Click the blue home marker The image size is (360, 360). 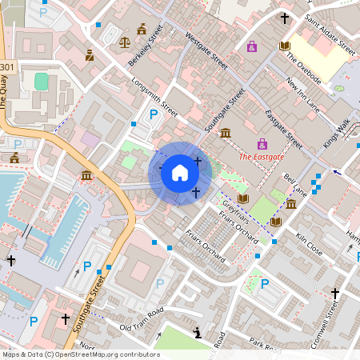pyautogui.click(x=180, y=173)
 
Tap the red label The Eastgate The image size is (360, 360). pyautogui.click(x=261, y=157)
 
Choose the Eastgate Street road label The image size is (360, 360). pyautogui.click(x=283, y=129)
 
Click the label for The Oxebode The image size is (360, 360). pyautogui.click(x=303, y=69)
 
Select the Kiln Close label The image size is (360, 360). pyautogui.click(x=309, y=244)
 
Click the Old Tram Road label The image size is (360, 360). pyautogui.click(x=141, y=318)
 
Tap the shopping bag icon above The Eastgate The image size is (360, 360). pyautogui.click(x=252, y=46)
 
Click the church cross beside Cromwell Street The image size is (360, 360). pyautogui.click(x=334, y=294)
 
